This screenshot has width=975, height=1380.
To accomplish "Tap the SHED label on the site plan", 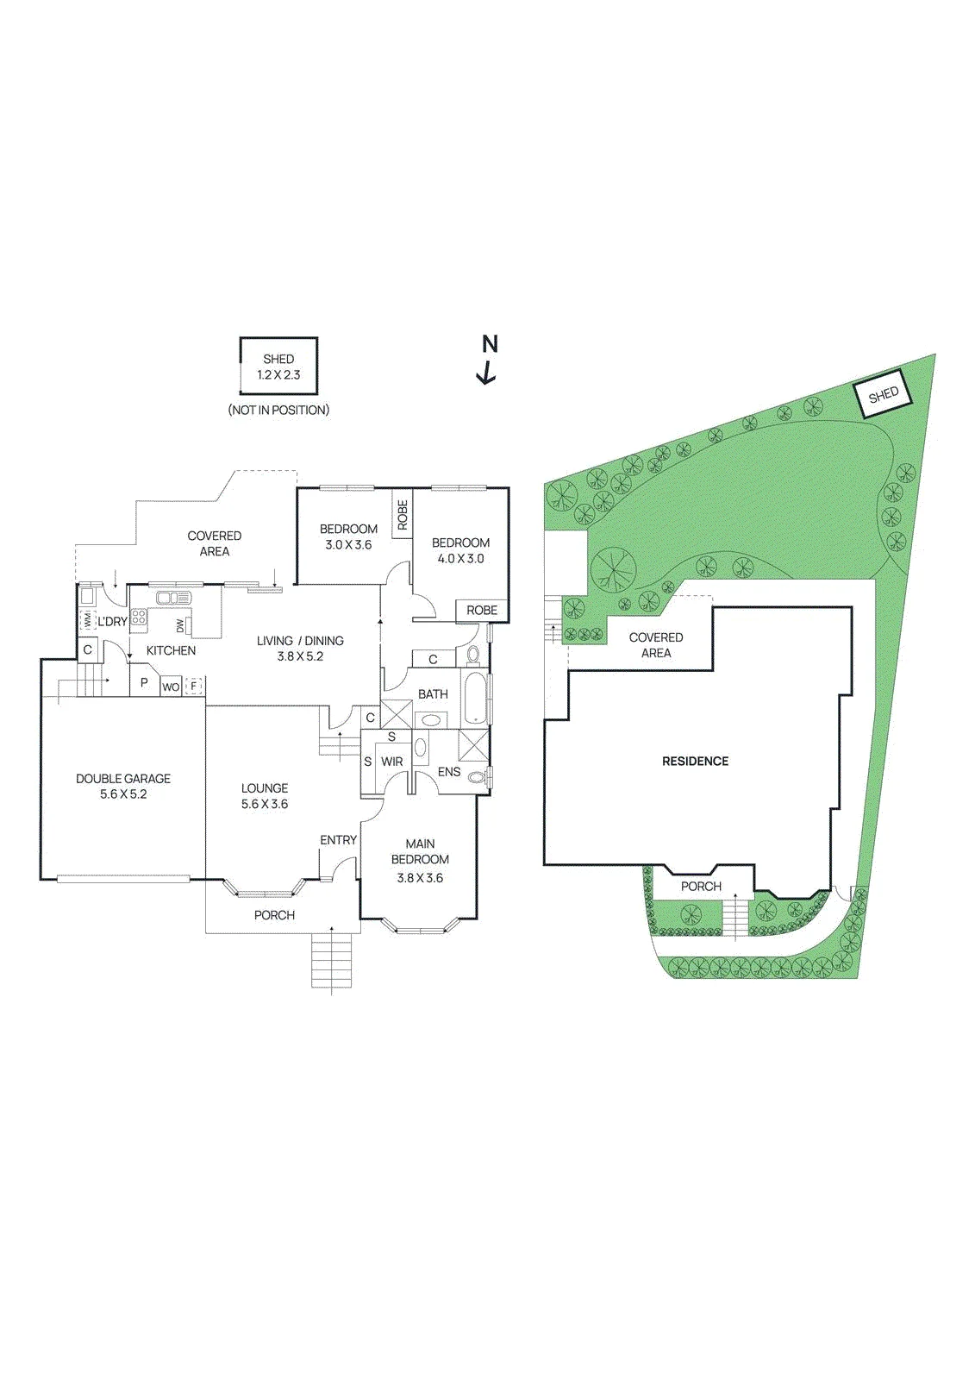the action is [x=884, y=394].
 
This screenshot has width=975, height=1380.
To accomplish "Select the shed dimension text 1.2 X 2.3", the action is [x=278, y=374].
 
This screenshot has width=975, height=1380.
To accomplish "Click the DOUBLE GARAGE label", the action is [x=123, y=779].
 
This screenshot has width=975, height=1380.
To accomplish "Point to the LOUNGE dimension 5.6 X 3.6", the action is [x=265, y=804].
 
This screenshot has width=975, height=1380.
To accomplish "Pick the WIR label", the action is [x=391, y=762].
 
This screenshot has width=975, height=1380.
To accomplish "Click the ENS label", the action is [x=449, y=772].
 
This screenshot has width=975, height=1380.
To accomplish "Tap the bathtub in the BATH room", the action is [x=475, y=699].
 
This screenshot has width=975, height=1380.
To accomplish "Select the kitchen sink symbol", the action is [x=173, y=599].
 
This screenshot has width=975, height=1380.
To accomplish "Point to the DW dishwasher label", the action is [x=180, y=626].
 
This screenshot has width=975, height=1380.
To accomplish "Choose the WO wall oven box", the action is [x=171, y=687].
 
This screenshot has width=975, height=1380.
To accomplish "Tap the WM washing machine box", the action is [x=86, y=618].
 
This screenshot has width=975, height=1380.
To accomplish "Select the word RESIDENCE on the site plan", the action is [x=695, y=762].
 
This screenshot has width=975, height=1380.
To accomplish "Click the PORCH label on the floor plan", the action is [x=274, y=915].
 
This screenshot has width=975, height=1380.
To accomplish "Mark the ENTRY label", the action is [x=338, y=840].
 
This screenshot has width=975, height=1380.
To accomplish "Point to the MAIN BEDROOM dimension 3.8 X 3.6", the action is [x=420, y=879].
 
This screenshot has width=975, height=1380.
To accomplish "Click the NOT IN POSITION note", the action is [x=278, y=410].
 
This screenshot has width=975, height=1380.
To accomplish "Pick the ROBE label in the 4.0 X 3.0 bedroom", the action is [x=482, y=611].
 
